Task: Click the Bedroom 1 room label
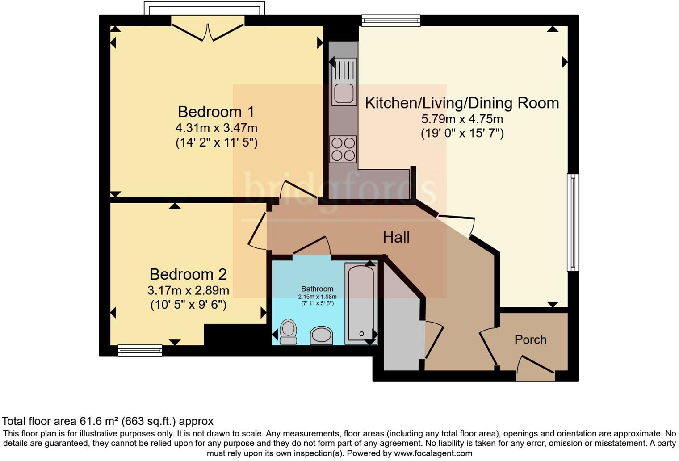216,112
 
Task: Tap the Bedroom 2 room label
188,274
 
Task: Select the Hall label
396,237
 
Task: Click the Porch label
531,339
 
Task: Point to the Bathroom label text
317,289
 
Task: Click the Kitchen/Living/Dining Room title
461,103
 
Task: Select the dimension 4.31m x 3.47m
216,128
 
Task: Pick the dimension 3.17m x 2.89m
188,290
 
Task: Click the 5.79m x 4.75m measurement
462,119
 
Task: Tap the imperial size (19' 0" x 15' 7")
462,134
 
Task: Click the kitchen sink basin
344,94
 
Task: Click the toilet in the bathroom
288,332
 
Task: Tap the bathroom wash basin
321,335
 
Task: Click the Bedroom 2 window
140,350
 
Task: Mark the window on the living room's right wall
573,222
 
